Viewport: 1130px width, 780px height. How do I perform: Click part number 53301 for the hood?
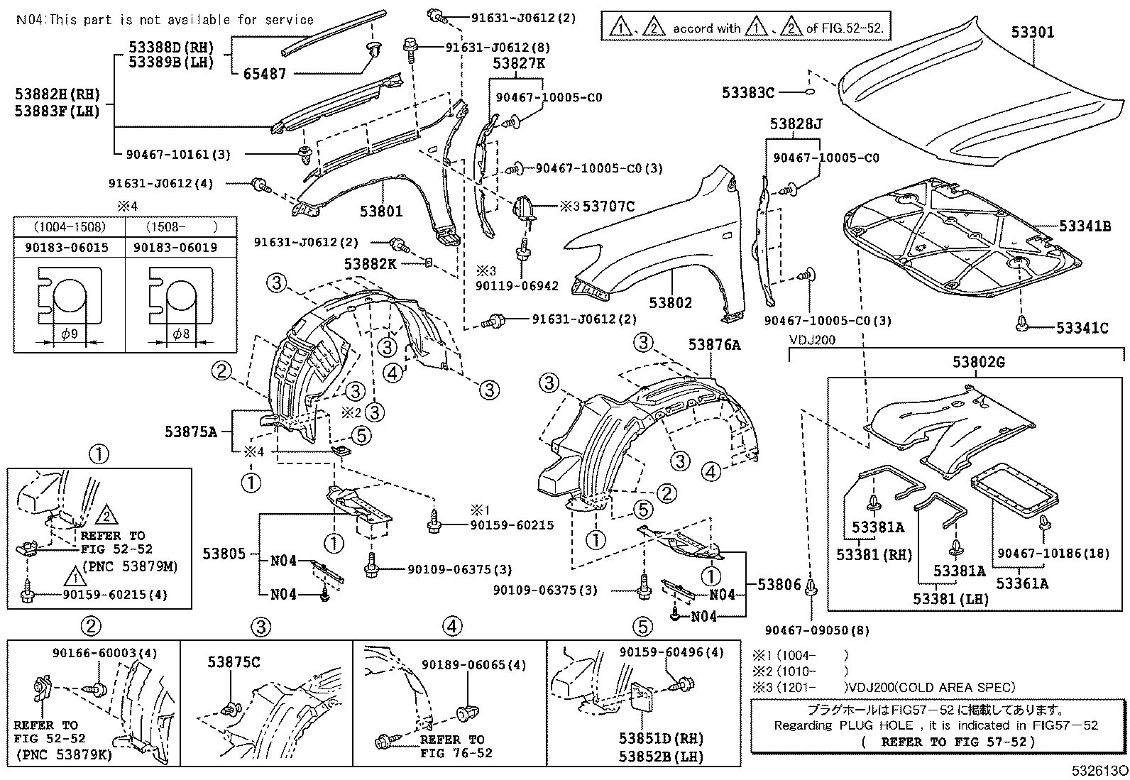[1033, 32]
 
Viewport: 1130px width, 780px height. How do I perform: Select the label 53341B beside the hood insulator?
[1084, 226]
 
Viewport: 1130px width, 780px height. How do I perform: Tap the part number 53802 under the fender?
[669, 302]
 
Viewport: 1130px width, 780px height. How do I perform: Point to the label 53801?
[380, 211]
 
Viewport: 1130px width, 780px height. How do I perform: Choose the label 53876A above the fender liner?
[713, 345]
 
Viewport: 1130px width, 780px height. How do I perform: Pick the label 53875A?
[191, 431]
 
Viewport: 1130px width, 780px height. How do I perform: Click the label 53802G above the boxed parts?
[978, 363]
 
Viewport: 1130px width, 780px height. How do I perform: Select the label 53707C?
[608, 207]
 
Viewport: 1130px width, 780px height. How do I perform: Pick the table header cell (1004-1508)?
[70, 227]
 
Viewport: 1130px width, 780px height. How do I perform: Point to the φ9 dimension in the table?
[69, 334]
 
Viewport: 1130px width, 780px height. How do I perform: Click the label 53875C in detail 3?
[234, 662]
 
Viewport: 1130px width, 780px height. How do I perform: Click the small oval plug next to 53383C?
[808, 92]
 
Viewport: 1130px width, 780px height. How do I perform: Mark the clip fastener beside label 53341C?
[1021, 324]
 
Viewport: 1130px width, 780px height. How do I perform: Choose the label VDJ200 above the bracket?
[812, 340]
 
